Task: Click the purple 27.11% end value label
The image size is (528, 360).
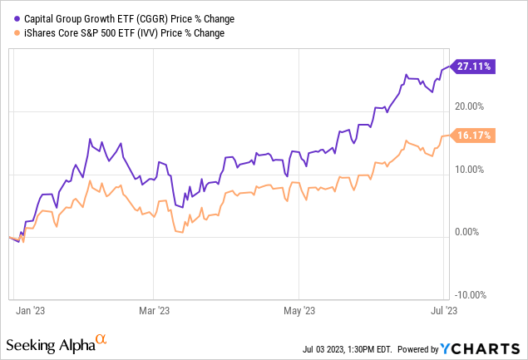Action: click(476, 67)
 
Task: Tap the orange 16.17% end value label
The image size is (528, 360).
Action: click(476, 134)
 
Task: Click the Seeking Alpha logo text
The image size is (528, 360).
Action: click(49, 344)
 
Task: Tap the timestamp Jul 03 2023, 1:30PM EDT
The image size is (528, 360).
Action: click(343, 348)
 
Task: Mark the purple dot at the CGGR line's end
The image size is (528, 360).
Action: click(451, 66)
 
